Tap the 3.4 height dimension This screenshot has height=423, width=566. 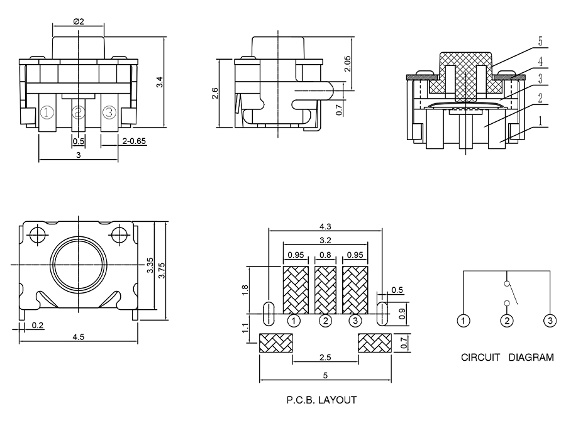coord(160,81)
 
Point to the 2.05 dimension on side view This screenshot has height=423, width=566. coord(347,63)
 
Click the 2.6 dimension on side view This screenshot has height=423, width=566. coord(214,94)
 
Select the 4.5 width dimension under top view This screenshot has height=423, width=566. coord(79,338)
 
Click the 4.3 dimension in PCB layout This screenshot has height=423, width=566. coord(325,226)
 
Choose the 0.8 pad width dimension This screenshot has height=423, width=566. coord(325,255)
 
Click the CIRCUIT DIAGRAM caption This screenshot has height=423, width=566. coord(508,358)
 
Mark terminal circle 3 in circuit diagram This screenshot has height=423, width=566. coord(550,321)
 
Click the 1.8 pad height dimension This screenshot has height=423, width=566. coord(245,290)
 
